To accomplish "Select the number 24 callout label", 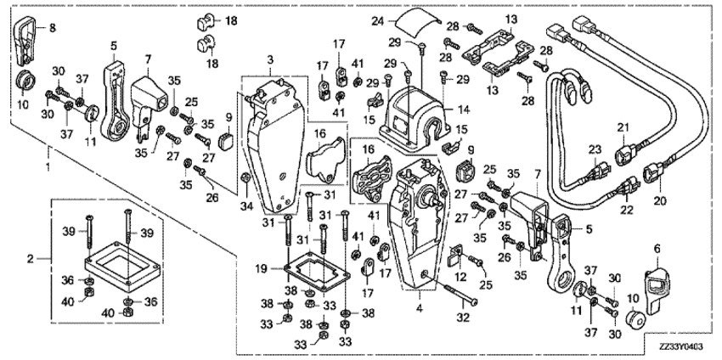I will (x=379, y=20).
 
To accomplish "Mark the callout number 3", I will (x=270, y=59).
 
